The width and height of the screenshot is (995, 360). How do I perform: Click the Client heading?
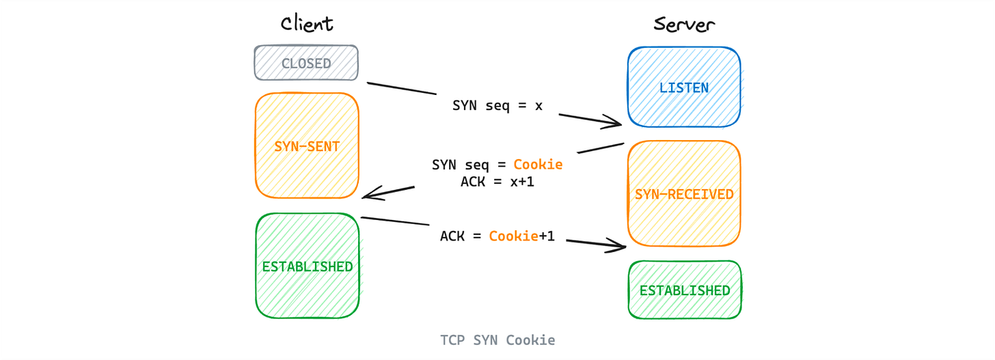(x=307, y=24)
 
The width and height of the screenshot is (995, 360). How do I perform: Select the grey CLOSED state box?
(x=306, y=63)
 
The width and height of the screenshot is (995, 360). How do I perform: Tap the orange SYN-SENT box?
(x=307, y=146)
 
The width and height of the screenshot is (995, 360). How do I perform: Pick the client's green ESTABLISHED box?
(x=308, y=266)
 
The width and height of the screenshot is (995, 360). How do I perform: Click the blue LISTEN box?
(x=684, y=87)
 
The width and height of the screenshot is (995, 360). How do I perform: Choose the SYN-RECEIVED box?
(x=684, y=194)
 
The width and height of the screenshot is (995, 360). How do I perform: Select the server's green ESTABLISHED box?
(x=685, y=290)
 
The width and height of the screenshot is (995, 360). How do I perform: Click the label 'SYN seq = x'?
(x=497, y=106)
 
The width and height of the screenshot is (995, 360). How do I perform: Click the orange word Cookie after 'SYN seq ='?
(x=538, y=165)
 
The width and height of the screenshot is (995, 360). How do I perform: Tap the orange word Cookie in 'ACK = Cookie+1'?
(x=513, y=236)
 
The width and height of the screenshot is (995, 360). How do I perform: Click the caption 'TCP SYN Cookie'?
(x=497, y=340)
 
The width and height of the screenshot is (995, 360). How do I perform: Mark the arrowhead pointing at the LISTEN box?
(x=615, y=124)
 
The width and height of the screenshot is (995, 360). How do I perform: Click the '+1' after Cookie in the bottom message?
(x=547, y=236)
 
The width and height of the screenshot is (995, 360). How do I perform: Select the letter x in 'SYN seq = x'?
(x=539, y=106)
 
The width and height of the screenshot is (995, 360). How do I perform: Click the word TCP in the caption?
(x=452, y=340)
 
